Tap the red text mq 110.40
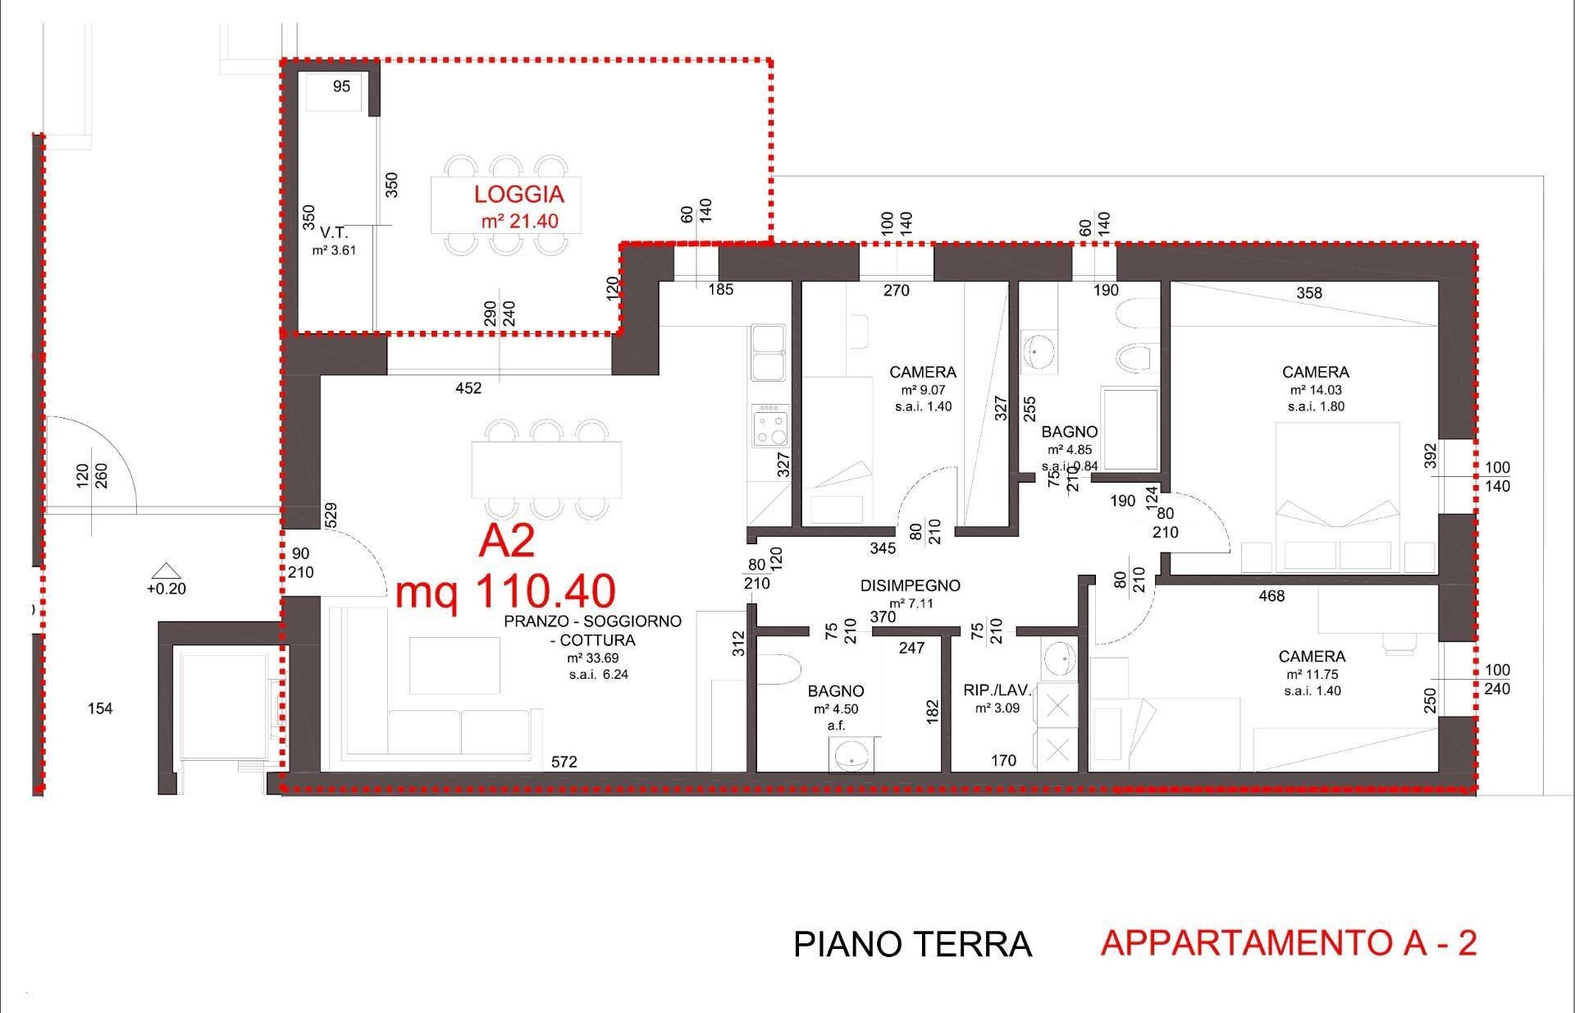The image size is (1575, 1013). (504, 590)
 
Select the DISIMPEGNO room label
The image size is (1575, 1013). (910, 585)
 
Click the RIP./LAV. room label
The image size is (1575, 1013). (997, 690)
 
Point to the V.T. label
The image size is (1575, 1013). (334, 233)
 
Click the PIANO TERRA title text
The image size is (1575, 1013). (911, 945)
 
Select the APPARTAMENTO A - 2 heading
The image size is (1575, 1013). (1288, 943)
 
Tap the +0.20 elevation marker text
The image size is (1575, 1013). (166, 589)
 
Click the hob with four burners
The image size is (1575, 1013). (769, 425)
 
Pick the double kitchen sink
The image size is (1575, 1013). (769, 353)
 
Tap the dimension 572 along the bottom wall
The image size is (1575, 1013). (564, 762)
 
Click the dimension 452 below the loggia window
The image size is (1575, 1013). (468, 388)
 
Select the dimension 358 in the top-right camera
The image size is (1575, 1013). (1308, 293)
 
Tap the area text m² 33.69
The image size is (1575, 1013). (592, 658)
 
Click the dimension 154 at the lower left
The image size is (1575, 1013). (100, 708)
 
